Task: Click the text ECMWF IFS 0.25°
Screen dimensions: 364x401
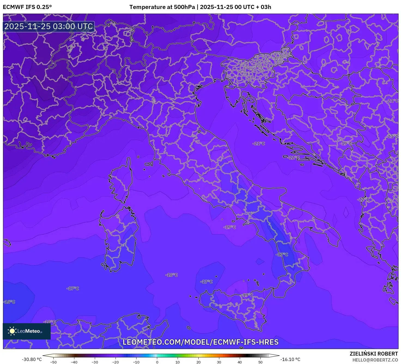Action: pyautogui.click(x=27, y=7)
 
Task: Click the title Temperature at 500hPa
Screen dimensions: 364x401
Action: pyautogui.click(x=162, y=7)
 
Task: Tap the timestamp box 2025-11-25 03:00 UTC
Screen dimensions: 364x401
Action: pyautogui.click(x=49, y=27)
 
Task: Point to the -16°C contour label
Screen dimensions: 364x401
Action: pyautogui.click(x=10, y=302)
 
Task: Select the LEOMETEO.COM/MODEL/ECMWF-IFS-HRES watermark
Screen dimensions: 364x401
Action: pyautogui.click(x=200, y=342)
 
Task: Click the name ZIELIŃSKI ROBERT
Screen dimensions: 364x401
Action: pyautogui.click(x=374, y=354)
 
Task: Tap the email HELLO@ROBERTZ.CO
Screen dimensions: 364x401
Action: pyautogui.click(x=375, y=360)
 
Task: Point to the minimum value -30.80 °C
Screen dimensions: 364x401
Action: pyautogui.click(x=32, y=359)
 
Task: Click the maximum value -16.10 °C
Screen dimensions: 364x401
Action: pyautogui.click(x=290, y=359)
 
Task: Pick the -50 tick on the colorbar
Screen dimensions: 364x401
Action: pyautogui.click(x=53, y=362)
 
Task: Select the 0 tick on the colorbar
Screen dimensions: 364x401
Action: pyautogui.click(x=157, y=362)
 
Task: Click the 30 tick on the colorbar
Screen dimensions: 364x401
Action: pyautogui.click(x=219, y=362)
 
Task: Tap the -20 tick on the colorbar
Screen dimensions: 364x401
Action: pyautogui.click(x=116, y=362)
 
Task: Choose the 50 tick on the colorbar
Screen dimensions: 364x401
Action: pyautogui.click(x=260, y=362)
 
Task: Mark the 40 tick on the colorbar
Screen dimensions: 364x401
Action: pyautogui.click(x=240, y=362)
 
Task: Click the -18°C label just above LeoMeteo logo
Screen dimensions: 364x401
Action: pyautogui.click(x=50, y=322)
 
